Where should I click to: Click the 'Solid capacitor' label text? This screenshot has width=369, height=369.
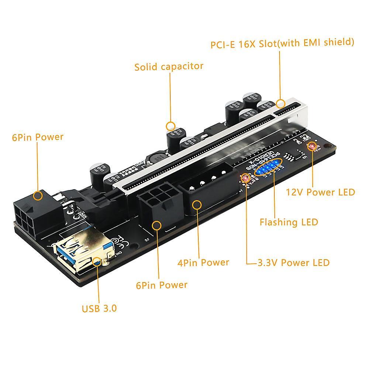(169, 67)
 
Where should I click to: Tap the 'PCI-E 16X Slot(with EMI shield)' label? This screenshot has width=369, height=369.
(282, 43)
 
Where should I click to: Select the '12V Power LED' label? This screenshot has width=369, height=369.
(320, 192)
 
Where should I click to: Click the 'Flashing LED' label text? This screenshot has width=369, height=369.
(289, 222)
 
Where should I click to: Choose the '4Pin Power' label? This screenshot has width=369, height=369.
(203, 263)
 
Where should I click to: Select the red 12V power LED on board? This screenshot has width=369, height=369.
(312, 147)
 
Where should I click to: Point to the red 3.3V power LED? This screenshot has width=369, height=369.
(244, 179)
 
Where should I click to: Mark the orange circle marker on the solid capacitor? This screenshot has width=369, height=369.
(170, 126)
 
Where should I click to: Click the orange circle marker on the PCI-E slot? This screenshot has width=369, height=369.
(281, 93)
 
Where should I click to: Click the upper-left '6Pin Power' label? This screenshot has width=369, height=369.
(38, 137)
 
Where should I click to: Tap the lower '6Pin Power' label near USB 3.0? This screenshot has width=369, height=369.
(161, 285)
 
